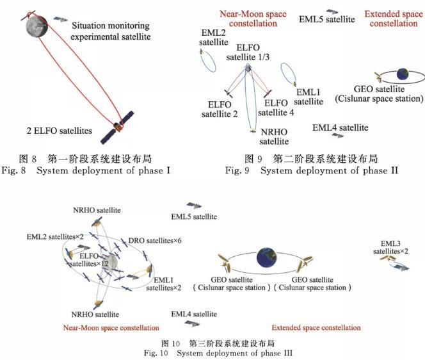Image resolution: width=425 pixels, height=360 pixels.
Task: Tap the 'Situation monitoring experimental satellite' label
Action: (x=110, y=31)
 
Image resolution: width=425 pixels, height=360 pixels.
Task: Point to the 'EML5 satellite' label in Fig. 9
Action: (x=327, y=19)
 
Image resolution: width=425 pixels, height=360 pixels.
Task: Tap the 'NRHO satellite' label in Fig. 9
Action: (x=272, y=137)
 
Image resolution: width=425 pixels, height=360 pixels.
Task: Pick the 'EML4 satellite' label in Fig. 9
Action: (x=340, y=128)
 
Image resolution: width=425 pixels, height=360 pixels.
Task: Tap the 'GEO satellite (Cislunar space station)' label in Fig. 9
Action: (x=379, y=94)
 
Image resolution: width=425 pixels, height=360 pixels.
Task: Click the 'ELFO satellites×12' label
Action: (x=76, y=259)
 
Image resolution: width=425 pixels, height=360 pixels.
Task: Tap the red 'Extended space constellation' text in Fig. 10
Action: (x=316, y=328)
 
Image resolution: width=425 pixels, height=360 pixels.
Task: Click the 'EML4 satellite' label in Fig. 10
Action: (x=194, y=314)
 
